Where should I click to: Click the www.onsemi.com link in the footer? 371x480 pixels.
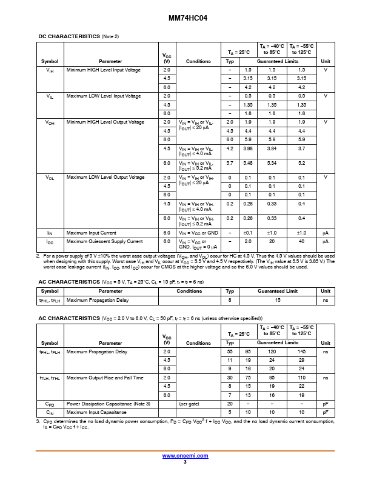click(185, 456)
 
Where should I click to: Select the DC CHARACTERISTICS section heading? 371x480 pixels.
click(69, 36)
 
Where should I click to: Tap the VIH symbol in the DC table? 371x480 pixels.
click(50, 70)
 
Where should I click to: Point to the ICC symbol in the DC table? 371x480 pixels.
click(50, 241)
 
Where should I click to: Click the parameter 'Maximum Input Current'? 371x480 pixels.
click(92, 233)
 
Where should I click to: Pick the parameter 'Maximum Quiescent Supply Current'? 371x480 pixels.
click(105, 241)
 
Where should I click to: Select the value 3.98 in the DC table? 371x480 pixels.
click(247, 148)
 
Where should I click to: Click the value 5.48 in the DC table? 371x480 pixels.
click(247, 163)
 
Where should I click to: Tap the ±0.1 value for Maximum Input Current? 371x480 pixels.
click(247, 233)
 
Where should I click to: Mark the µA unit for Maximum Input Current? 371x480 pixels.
click(325, 233)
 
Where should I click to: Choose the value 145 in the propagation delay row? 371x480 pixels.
click(301, 352)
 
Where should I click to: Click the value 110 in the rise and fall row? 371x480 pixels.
click(301, 378)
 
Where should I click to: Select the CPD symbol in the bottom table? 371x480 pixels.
click(50, 404)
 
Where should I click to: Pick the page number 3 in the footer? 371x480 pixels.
click(185, 462)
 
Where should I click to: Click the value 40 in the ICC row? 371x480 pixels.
click(301, 241)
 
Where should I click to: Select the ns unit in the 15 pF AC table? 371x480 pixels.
click(325, 300)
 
